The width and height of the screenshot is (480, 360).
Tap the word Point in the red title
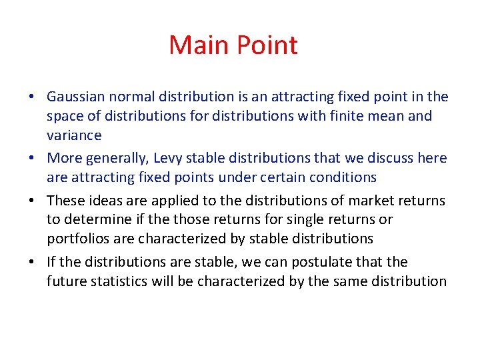[x=266, y=45]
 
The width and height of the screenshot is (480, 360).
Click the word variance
[x=74, y=135]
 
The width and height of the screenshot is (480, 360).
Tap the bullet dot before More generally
[x=32, y=159]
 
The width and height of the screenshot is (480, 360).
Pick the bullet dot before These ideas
[x=32, y=201]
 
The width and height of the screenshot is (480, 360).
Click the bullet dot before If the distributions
[x=32, y=263]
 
